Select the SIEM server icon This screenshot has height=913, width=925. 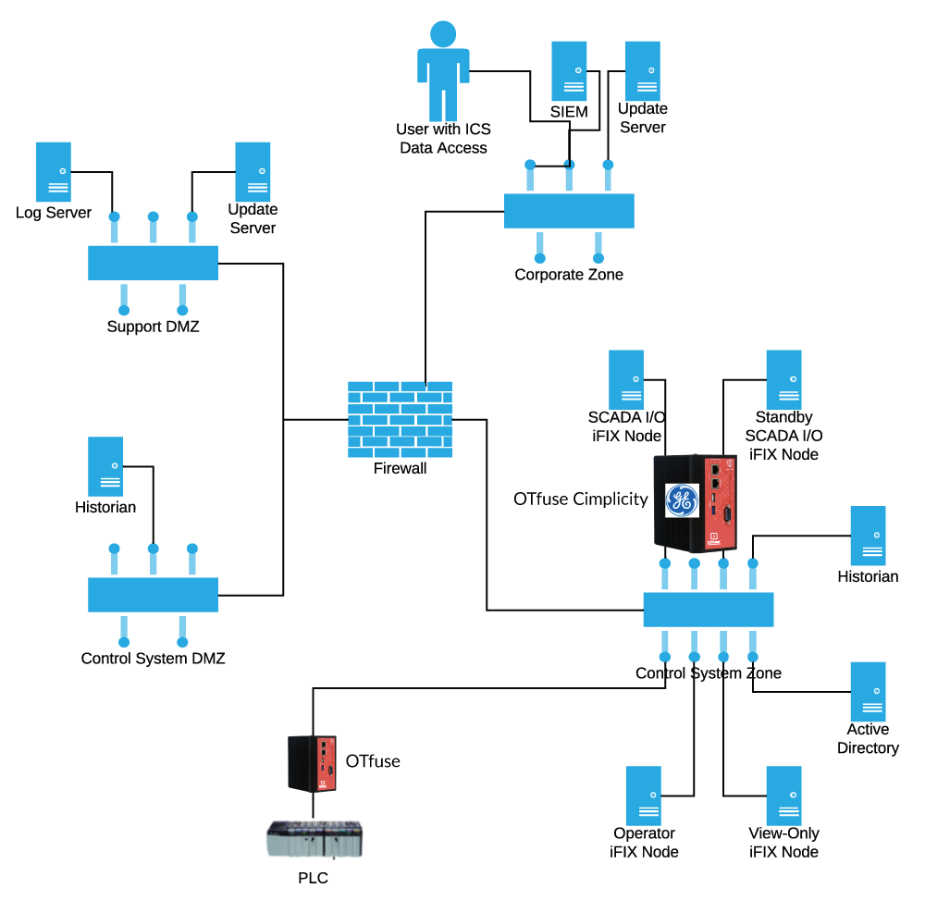[x=569, y=71]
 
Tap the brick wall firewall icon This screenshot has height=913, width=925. [x=400, y=419]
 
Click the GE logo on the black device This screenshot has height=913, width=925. [x=682, y=500]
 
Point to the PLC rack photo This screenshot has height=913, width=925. [x=313, y=839]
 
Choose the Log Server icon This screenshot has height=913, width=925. [x=54, y=172]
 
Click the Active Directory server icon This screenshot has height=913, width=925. [x=868, y=692]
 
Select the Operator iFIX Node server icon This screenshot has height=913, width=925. [x=644, y=796]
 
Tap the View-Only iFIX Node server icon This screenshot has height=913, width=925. [x=783, y=796]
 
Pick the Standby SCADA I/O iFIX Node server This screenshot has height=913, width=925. [x=783, y=379]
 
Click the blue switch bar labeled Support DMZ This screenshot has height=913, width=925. [x=153, y=263]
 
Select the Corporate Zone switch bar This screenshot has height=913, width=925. [x=569, y=211]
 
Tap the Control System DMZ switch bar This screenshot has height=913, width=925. [x=153, y=595]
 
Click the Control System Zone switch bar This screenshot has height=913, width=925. [x=708, y=610]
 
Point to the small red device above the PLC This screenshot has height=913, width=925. [x=313, y=763]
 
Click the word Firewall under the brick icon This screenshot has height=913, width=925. [x=400, y=469]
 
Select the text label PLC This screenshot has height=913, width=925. [x=313, y=878]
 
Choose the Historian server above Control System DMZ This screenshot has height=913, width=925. [x=105, y=467]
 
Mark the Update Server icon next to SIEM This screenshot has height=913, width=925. [x=643, y=71]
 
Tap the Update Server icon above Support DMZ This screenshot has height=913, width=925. [x=253, y=172]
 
